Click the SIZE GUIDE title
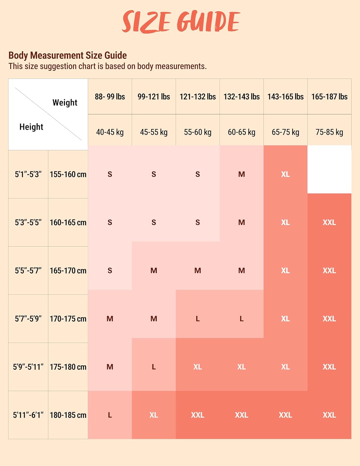click(x=181, y=22)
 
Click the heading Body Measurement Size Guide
click(x=67, y=55)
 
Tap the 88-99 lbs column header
click(x=110, y=97)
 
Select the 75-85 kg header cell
click(x=329, y=132)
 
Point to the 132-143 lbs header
click(x=241, y=97)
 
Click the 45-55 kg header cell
click(x=154, y=132)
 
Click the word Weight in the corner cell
click(x=65, y=103)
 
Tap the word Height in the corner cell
click(x=31, y=127)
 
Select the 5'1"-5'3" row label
click(x=28, y=174)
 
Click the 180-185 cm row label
click(x=68, y=415)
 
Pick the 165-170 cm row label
click(x=68, y=271)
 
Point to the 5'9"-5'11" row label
click(x=28, y=367)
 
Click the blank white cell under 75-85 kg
click(x=329, y=170)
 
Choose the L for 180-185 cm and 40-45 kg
click(x=110, y=415)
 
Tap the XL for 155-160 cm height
click(x=285, y=174)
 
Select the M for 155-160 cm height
click(x=241, y=174)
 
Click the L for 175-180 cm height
click(x=154, y=367)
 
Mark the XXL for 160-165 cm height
click(x=329, y=222)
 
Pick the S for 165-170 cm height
click(x=110, y=271)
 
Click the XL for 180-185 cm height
click(x=154, y=415)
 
